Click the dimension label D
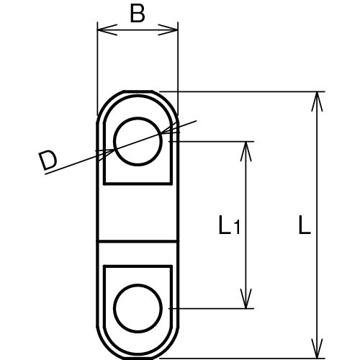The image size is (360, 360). point(48,161)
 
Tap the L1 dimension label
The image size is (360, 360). point(229,228)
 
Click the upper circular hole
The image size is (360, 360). point(137,141)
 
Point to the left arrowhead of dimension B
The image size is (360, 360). point(101,30)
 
